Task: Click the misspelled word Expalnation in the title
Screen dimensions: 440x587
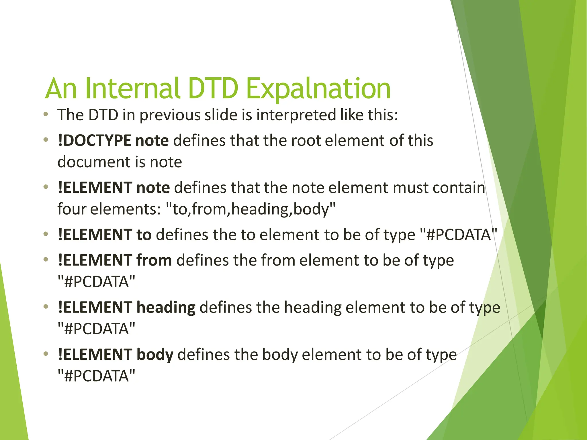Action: (x=318, y=89)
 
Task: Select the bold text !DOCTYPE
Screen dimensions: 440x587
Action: (x=94, y=141)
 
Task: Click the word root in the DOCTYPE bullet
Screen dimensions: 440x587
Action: (x=306, y=141)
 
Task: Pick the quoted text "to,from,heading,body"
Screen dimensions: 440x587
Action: (x=251, y=209)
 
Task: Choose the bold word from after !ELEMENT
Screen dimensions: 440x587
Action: (x=154, y=260)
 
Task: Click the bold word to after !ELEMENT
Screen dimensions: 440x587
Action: (x=144, y=235)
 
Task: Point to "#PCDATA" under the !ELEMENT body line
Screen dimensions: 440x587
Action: (x=96, y=376)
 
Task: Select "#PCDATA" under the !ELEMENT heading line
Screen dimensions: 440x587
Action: (x=96, y=329)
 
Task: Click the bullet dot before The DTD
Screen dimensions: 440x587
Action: (x=46, y=115)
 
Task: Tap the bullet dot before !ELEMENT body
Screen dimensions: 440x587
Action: (x=46, y=354)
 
